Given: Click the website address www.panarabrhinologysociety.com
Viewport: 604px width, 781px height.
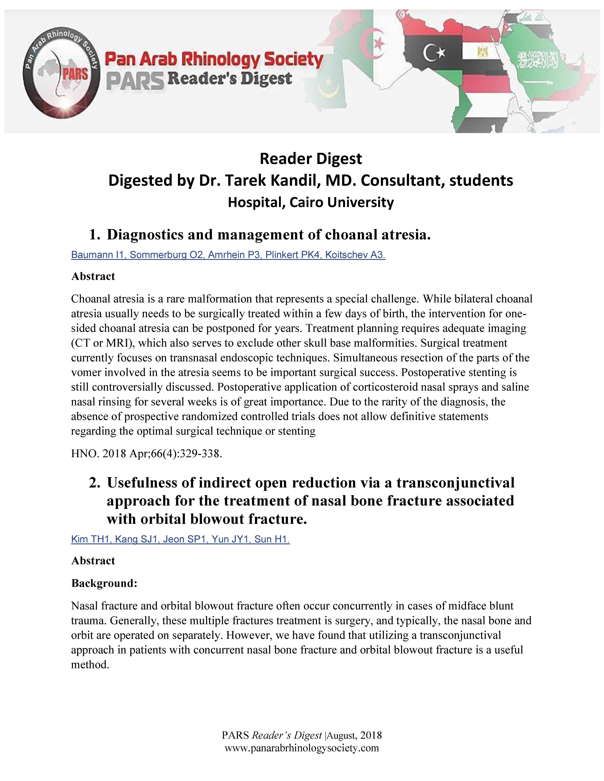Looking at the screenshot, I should click(302, 748).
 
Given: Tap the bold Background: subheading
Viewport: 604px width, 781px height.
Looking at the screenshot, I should click(104, 583).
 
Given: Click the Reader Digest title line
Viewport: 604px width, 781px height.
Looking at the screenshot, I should click(311, 158).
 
